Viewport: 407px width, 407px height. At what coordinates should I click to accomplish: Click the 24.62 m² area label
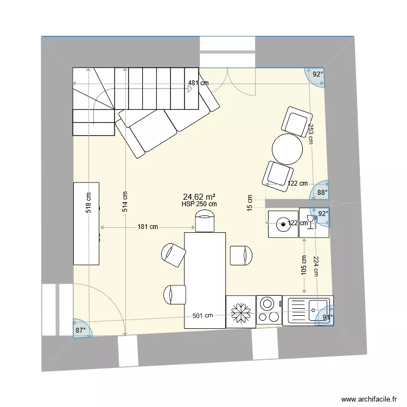[200, 197]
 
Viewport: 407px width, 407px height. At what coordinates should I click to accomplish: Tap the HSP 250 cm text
[200, 204]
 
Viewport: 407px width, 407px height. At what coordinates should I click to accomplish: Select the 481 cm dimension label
[198, 84]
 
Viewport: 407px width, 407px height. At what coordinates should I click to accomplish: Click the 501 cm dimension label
[202, 316]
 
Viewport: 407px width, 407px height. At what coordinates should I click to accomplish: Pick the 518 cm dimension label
[88, 203]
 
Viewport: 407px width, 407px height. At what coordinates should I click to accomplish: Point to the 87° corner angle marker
[81, 330]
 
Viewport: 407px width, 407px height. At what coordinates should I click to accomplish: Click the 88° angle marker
[322, 192]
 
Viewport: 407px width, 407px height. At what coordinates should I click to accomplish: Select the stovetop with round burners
[268, 311]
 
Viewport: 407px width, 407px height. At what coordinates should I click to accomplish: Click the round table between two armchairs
[287, 149]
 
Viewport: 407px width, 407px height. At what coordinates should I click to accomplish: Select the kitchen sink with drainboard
[307, 311]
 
